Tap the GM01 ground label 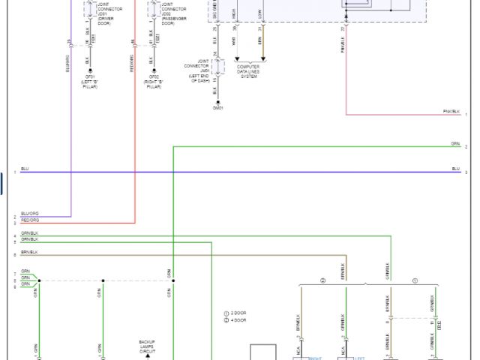217,107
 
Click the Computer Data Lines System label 248,71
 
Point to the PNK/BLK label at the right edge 451,112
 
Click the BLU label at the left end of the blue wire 25,169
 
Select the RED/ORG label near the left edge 30,220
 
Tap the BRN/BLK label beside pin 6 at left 29,252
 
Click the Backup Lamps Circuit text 147,346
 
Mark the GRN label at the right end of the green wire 455,143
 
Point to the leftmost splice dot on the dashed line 39,280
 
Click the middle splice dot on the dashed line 103,280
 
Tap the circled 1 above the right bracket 415,280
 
